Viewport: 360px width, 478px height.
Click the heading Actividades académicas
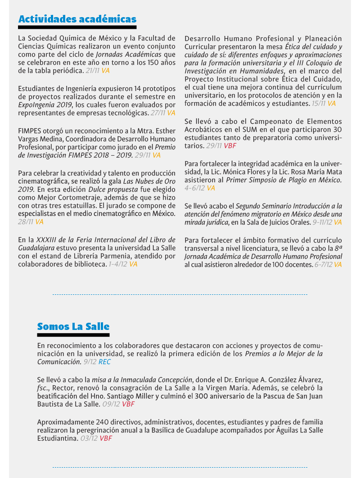point(77,19)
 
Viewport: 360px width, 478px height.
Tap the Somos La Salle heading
point(73,326)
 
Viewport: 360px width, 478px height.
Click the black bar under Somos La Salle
point(73,335)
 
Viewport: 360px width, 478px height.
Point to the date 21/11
point(92,71)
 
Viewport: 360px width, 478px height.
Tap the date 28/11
point(26,222)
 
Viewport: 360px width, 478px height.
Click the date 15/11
point(318,104)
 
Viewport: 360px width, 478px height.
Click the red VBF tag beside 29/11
point(230,146)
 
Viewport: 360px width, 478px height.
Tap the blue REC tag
point(104,361)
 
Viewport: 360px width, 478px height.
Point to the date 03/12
point(89,438)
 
